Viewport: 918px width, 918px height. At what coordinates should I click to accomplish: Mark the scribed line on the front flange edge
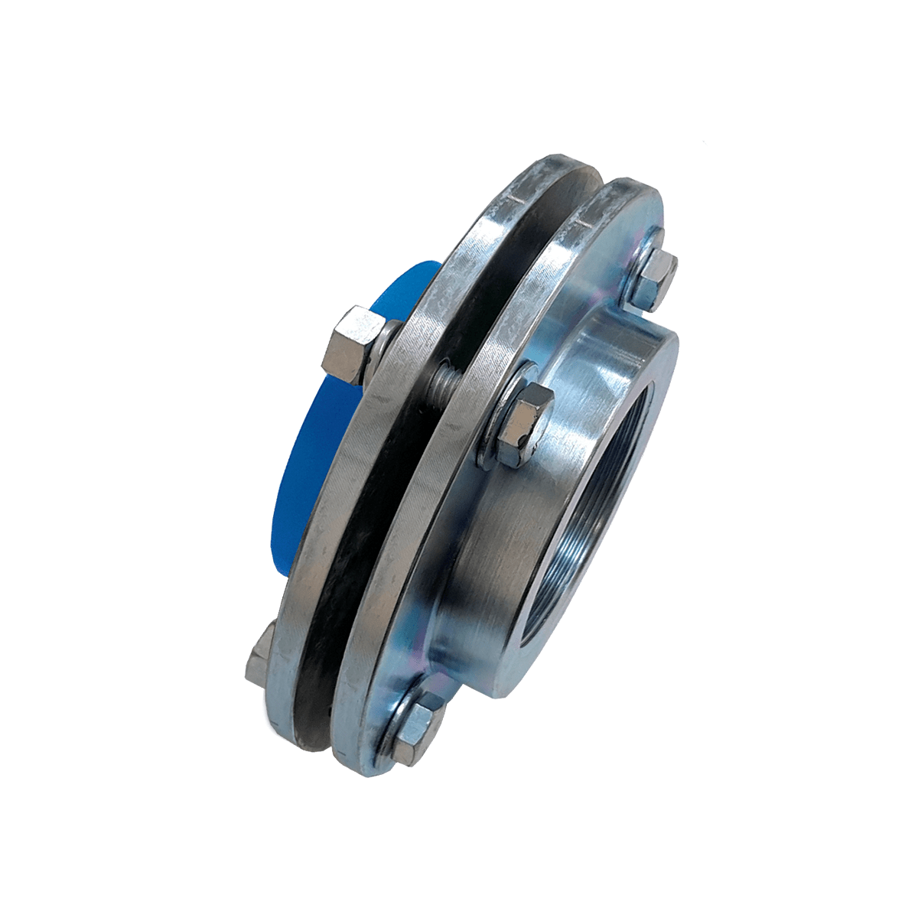(x=581, y=222)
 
